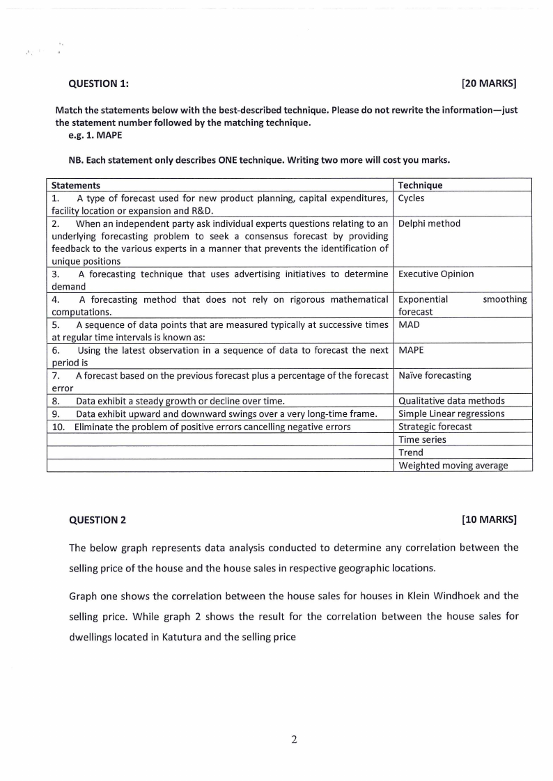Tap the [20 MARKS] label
489,84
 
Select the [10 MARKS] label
489,519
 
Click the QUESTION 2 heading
98,519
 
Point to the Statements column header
76,185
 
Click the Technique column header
420,185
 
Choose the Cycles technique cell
411,198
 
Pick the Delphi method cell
429,223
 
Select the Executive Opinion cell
436,274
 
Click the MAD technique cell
409,324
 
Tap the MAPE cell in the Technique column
411,350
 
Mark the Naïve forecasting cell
435,375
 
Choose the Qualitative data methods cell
451,400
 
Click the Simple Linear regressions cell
451,413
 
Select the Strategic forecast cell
435,426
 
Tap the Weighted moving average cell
453,465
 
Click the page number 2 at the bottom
294,739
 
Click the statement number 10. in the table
59,426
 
